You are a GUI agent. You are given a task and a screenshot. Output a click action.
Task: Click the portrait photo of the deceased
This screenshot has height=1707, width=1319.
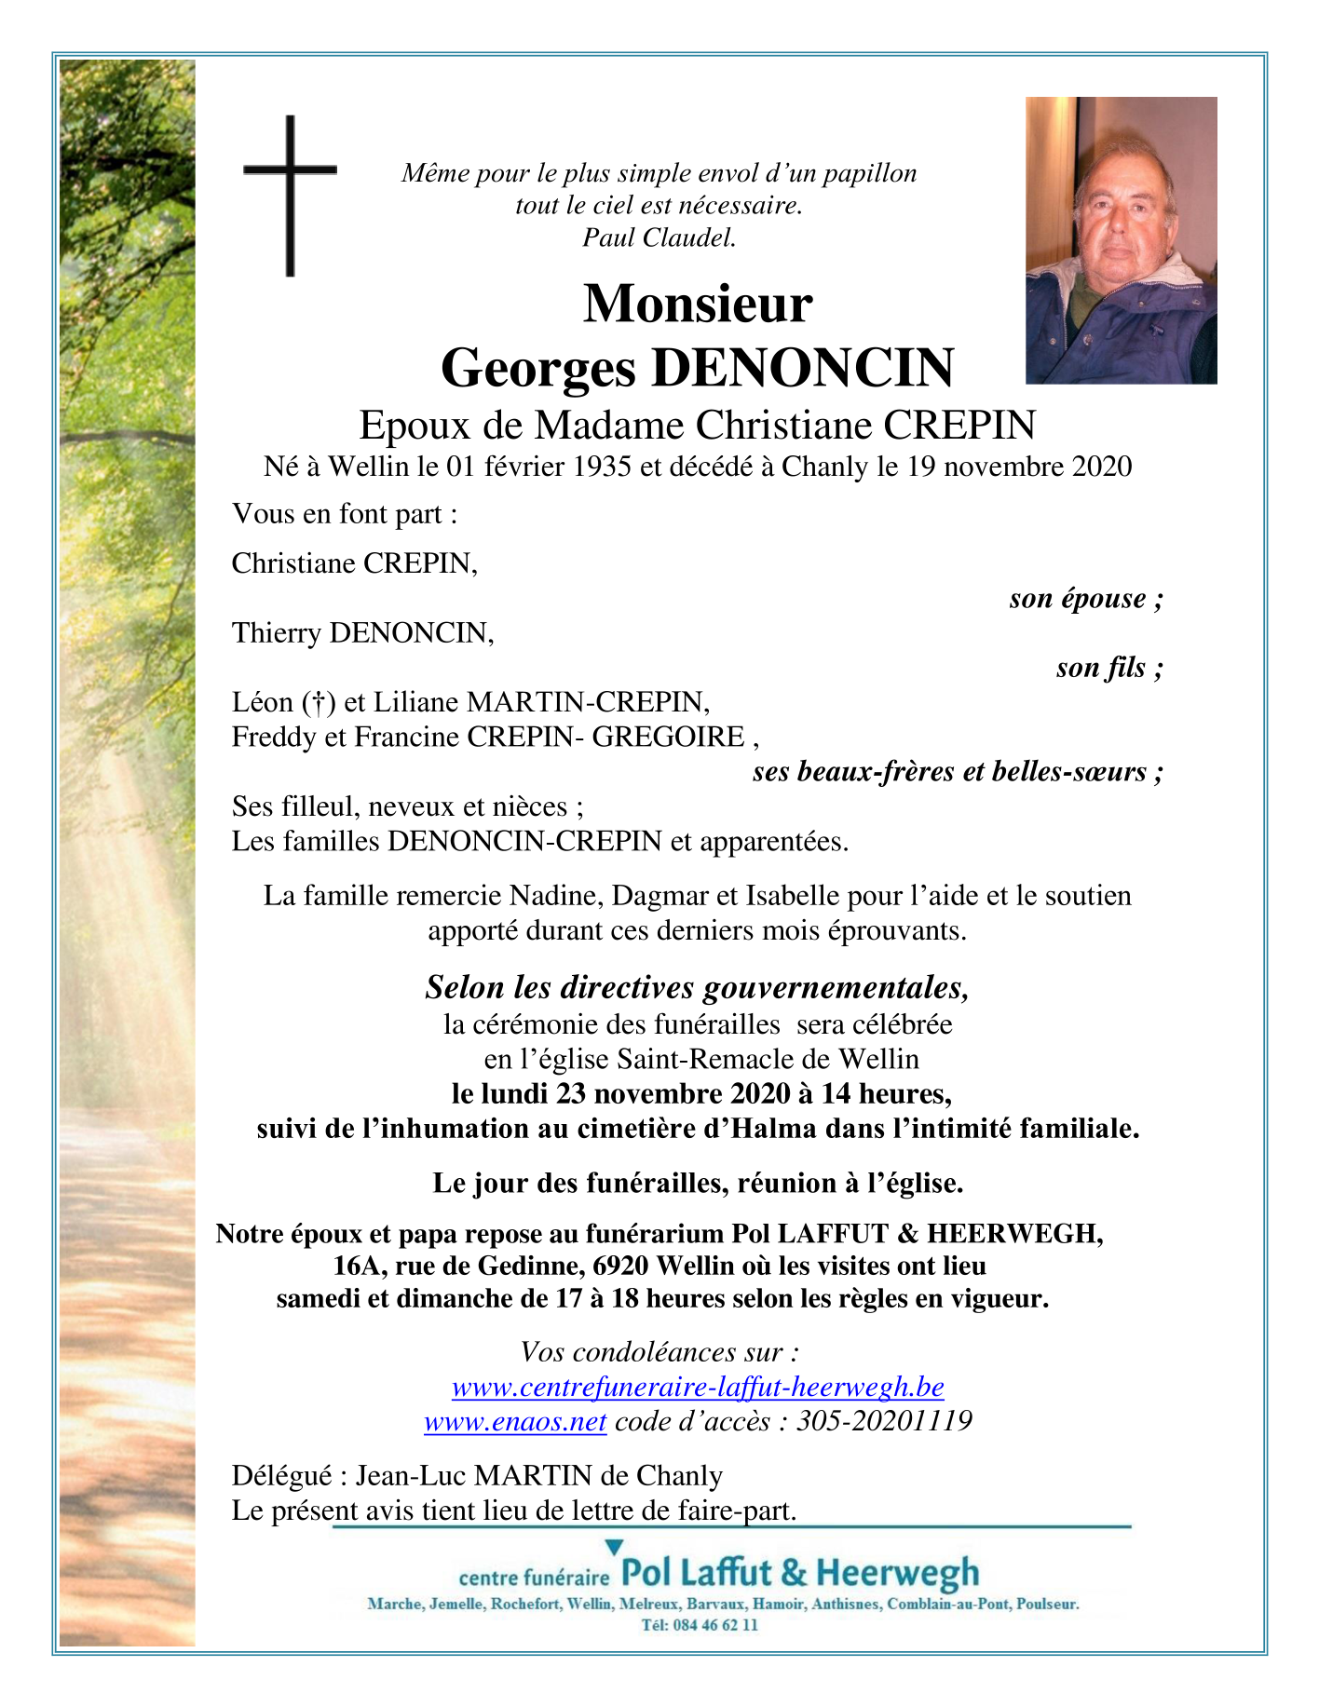[x=1121, y=240]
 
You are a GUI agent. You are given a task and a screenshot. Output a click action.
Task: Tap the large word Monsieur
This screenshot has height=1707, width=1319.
[x=698, y=304]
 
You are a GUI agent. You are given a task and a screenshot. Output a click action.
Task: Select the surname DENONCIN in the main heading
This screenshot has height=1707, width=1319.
[x=802, y=368]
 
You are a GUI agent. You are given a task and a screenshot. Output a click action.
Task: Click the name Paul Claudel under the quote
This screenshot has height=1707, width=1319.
[x=659, y=238]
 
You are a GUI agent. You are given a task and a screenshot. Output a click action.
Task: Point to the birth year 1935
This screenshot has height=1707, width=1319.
[x=602, y=467]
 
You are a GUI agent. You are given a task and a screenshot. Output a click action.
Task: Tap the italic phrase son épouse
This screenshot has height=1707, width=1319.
[x=1085, y=599]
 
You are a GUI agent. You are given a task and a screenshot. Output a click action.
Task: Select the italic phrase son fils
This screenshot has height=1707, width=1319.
[x=1108, y=668]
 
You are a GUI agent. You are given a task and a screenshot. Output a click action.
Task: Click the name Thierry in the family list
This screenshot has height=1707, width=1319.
[x=277, y=633]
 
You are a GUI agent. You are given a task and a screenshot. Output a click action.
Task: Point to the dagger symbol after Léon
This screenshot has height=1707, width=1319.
[x=318, y=702]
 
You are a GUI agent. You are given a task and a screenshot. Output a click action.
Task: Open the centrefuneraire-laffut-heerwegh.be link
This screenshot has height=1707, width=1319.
[x=698, y=1388]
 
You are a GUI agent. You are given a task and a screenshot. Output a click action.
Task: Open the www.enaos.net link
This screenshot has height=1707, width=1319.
[x=515, y=1422]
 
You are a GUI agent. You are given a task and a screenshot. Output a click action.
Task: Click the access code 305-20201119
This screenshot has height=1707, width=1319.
[x=883, y=1422]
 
